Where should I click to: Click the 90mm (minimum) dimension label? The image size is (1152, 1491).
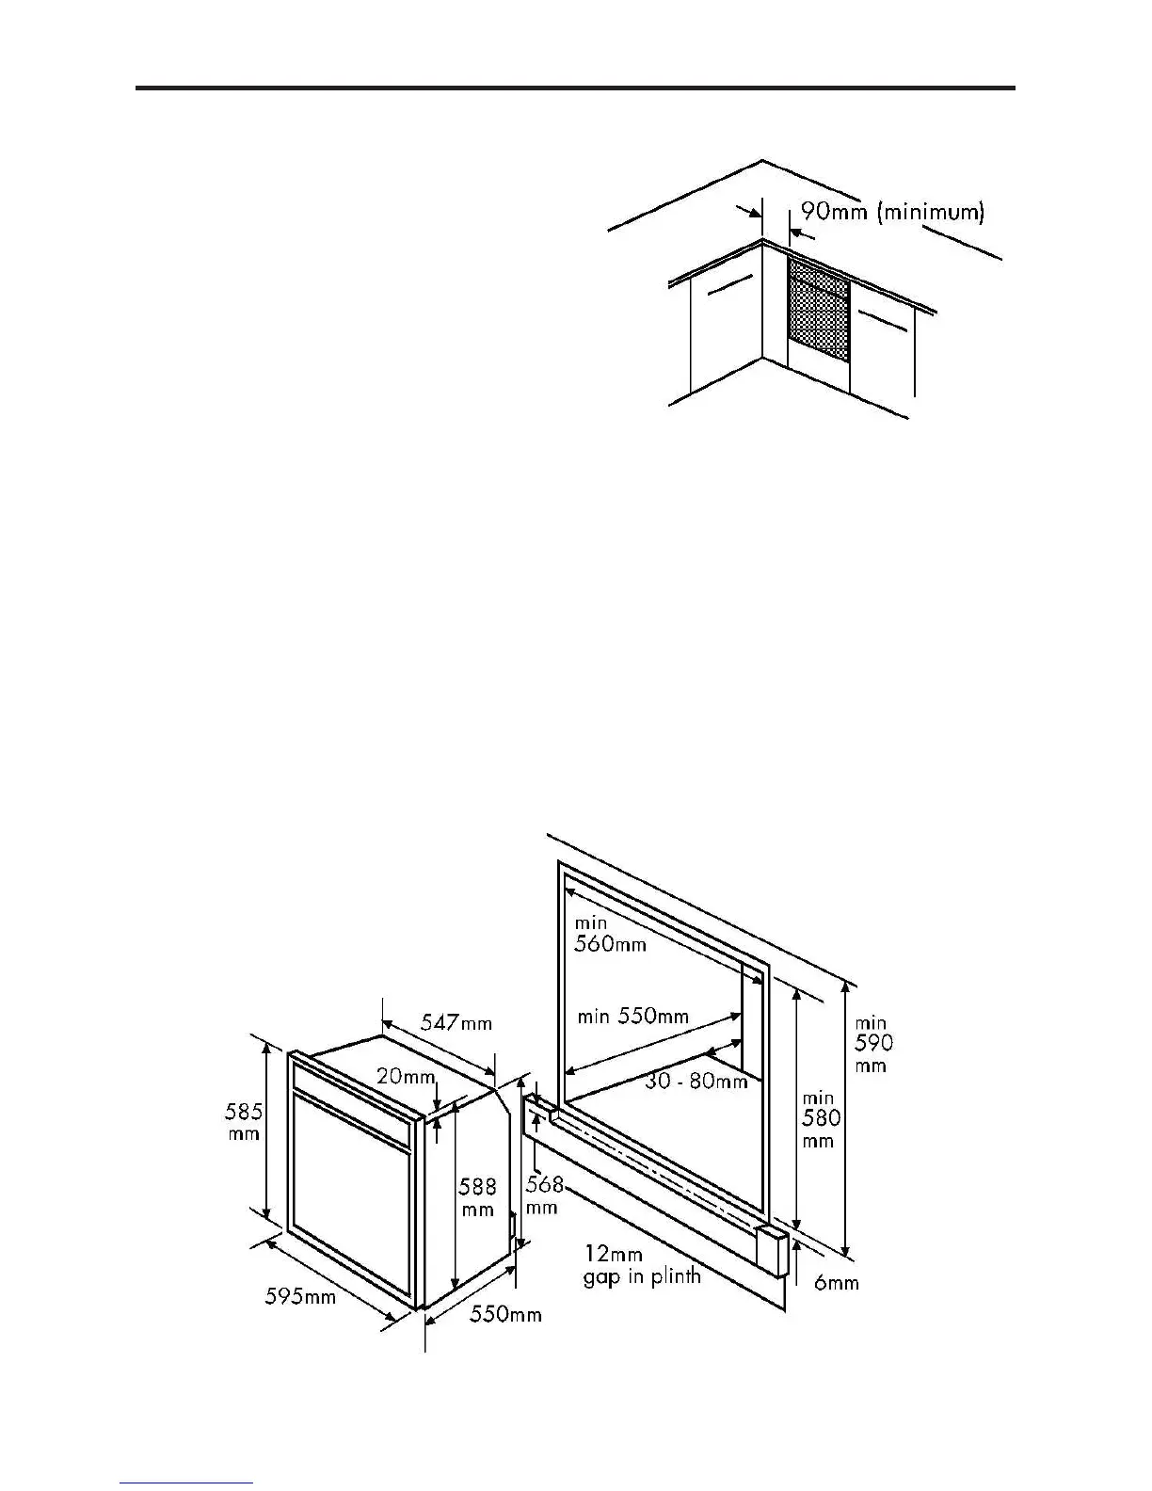pos(892,212)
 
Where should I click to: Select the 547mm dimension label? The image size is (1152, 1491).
pos(456,1021)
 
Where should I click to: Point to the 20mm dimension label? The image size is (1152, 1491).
pos(405,1076)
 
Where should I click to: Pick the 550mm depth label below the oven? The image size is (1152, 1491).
pos(505,1314)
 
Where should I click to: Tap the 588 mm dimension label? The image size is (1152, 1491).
pos(478,1197)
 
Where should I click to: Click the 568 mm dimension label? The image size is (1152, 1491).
pos(543,1194)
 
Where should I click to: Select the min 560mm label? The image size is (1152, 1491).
pos(609,934)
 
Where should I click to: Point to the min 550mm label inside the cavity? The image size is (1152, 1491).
pos(632,1017)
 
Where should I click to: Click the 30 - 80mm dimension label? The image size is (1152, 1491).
pos(696,1082)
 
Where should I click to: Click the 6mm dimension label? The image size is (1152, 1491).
pos(836,1282)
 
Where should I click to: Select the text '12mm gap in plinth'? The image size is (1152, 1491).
pos(642,1265)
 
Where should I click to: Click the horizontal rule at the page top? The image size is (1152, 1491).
pos(575,88)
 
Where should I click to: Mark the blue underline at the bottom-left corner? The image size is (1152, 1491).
pos(186,1483)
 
